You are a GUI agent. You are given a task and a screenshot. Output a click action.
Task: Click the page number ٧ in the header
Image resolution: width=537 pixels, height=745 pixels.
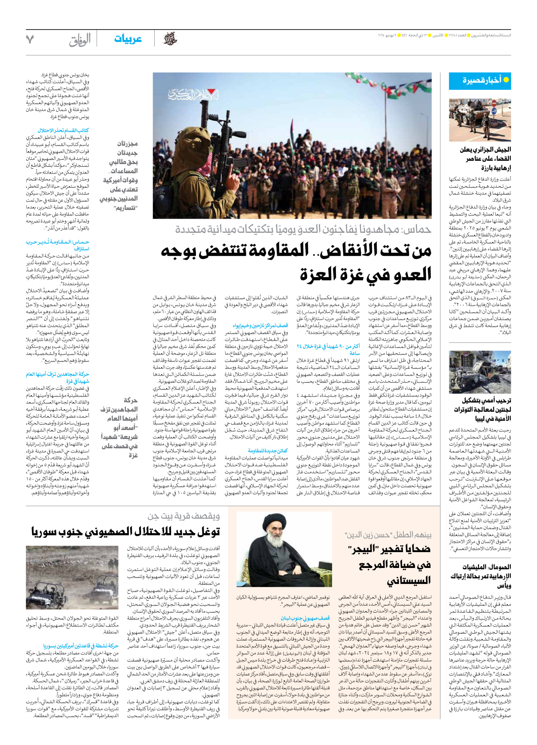(x=30, y=40)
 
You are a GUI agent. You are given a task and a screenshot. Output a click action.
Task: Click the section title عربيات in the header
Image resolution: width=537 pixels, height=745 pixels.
(x=128, y=39)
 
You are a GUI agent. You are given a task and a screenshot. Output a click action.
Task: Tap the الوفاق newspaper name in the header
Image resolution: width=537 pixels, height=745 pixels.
(x=80, y=40)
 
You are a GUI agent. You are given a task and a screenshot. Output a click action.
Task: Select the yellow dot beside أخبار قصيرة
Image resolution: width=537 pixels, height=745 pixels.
(x=506, y=80)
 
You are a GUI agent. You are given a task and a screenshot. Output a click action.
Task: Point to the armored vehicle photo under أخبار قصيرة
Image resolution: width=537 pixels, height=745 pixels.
(x=480, y=120)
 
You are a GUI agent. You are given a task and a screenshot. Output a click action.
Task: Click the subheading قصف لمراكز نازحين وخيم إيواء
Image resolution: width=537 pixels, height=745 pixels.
(x=260, y=326)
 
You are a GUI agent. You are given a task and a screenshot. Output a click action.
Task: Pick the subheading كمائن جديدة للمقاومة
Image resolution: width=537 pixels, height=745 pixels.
(x=268, y=451)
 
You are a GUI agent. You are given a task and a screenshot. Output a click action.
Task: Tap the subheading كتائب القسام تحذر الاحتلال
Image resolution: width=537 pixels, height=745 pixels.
(x=63, y=131)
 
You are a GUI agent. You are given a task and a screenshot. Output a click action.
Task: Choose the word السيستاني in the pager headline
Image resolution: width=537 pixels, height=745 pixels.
(x=409, y=581)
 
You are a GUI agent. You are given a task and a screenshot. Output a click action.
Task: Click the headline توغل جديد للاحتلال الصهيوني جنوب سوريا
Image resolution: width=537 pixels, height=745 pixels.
(x=125, y=532)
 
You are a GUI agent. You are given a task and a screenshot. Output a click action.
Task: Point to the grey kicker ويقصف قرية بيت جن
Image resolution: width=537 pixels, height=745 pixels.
(x=184, y=516)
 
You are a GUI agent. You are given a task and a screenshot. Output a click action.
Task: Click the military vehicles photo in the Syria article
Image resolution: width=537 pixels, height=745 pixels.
(x=72, y=577)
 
